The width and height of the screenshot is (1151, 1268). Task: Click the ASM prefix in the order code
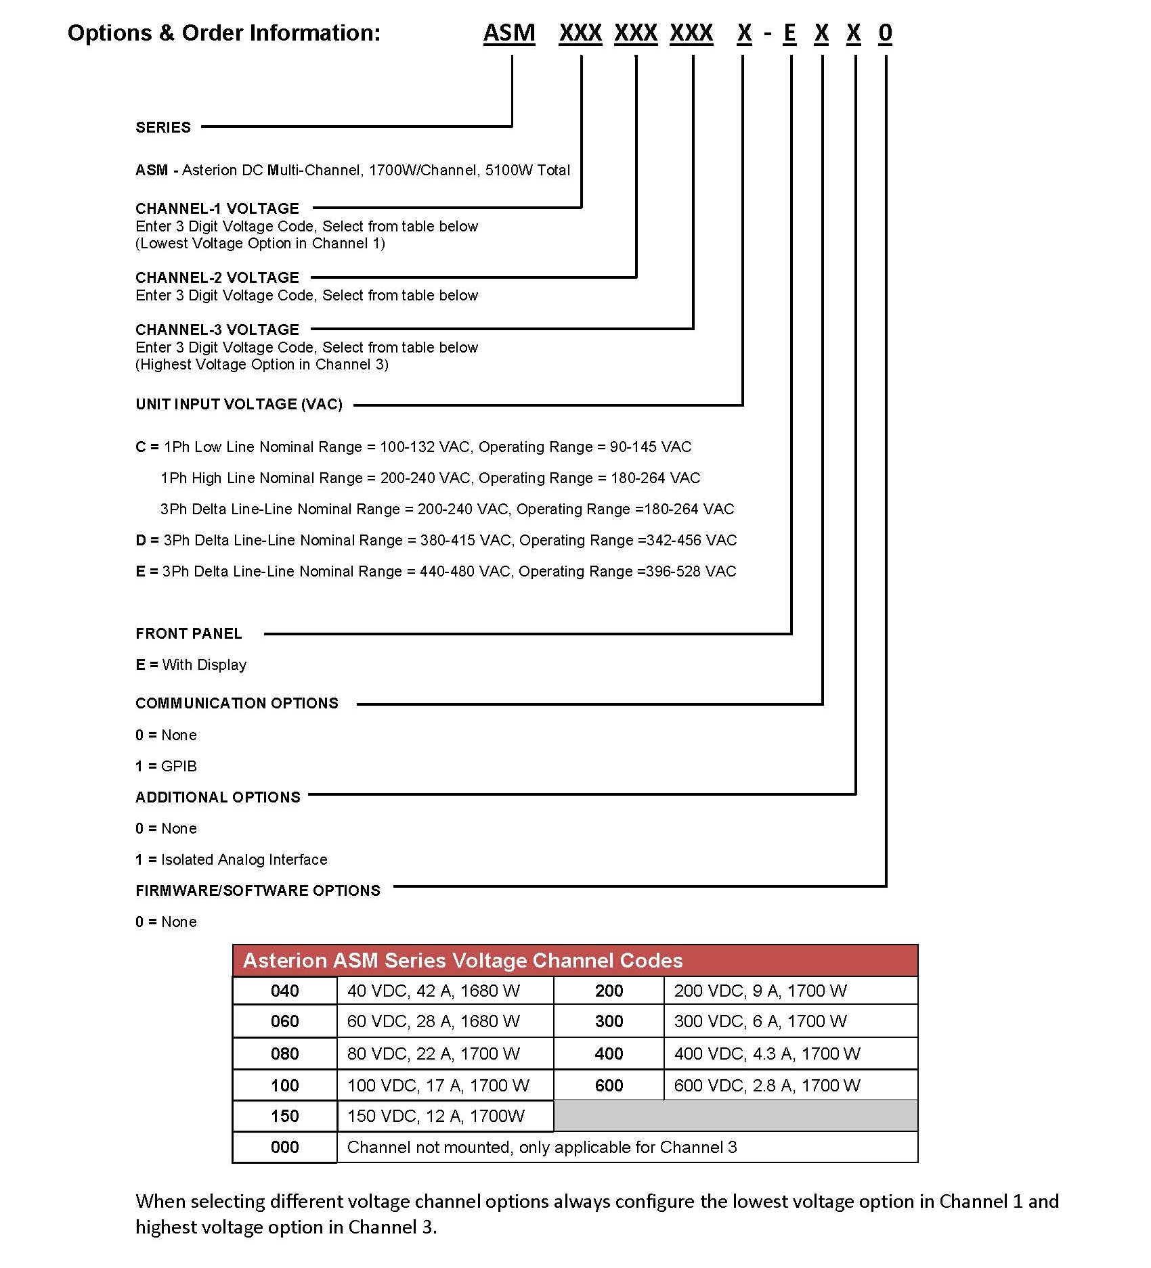[508, 33]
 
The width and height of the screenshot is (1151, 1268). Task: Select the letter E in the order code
[789, 33]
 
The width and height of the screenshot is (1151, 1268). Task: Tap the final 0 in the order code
[885, 33]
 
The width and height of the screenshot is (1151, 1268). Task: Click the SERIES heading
[163, 127]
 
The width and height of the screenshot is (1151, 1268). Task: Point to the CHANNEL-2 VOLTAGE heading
[217, 277]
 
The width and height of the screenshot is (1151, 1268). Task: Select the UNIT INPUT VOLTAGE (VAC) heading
[239, 405]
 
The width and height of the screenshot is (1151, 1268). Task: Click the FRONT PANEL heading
[188, 634]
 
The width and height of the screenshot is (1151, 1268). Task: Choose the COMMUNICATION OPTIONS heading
[236, 704]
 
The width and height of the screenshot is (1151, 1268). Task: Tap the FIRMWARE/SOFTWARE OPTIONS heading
[258, 891]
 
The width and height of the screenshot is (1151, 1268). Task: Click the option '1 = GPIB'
[166, 767]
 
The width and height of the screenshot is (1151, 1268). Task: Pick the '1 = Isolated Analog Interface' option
[231, 860]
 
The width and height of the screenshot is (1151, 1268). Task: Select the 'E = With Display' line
[191, 665]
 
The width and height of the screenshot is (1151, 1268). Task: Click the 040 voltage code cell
[284, 991]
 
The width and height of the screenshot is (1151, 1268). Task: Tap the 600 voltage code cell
[609, 1086]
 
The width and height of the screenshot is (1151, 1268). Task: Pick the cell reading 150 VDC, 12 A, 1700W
[435, 1116]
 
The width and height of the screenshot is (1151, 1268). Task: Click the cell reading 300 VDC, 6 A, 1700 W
[760, 1022]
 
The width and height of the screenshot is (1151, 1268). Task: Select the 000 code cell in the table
[284, 1148]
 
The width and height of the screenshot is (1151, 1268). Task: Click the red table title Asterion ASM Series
[462, 961]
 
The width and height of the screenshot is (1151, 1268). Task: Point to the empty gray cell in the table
[735, 1116]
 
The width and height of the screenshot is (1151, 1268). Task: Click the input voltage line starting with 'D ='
[435, 541]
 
